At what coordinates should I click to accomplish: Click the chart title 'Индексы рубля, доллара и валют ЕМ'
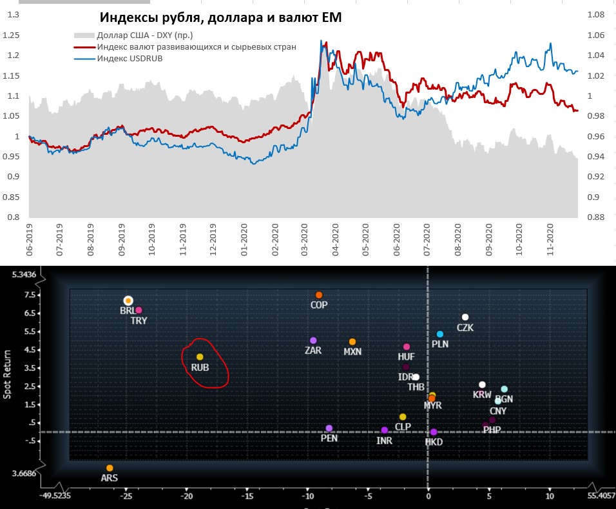220,19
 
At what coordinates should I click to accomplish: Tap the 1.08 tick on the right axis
595,14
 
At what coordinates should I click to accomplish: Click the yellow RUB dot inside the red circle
200,357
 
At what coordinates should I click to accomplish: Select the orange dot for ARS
110,468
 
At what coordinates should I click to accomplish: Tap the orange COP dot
319,295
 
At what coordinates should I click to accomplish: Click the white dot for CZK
465,317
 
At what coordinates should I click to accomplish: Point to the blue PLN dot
440,334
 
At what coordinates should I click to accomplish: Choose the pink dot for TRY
139,310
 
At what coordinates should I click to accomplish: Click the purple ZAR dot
313,341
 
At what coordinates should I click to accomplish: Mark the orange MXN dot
352,342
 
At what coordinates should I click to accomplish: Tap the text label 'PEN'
329,438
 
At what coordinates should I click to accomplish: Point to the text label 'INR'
385,441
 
